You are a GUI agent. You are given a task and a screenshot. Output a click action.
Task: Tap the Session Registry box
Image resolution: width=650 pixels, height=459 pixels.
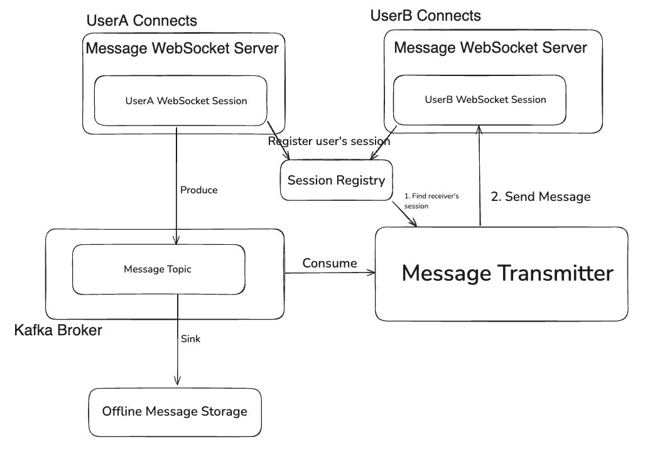pyautogui.click(x=336, y=181)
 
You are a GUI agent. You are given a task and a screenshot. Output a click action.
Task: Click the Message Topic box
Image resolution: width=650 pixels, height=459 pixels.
pyautogui.click(x=158, y=269)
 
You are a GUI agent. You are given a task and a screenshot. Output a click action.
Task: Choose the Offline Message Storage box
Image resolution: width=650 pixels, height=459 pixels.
pyautogui.click(x=175, y=412)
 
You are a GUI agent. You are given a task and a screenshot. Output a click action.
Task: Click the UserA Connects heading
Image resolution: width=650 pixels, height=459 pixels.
pyautogui.click(x=142, y=21)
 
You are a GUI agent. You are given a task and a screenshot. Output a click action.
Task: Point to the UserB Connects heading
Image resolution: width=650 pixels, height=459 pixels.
pyautogui.click(x=426, y=16)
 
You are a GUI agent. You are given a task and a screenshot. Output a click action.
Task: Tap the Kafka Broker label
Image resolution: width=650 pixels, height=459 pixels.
pyautogui.click(x=58, y=330)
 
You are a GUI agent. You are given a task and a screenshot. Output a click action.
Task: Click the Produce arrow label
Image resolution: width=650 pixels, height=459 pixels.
pyautogui.click(x=198, y=190)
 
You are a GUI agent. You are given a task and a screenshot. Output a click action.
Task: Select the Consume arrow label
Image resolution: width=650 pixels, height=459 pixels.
pyautogui.click(x=330, y=263)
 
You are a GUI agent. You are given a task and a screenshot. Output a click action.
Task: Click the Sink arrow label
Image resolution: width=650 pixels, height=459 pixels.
pyautogui.click(x=191, y=338)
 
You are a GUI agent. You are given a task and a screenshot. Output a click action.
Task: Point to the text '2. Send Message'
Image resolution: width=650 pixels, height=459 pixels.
pyautogui.click(x=540, y=197)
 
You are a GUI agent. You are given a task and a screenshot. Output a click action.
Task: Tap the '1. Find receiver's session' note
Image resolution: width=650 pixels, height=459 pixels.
pyautogui.click(x=431, y=201)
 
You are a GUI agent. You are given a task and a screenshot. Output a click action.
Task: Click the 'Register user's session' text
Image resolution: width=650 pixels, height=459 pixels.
pyautogui.click(x=329, y=141)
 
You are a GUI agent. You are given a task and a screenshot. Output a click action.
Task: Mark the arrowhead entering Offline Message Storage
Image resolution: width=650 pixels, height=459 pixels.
pyautogui.click(x=177, y=381)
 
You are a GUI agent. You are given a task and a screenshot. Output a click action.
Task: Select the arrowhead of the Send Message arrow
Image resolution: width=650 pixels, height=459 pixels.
pyautogui.click(x=480, y=129)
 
